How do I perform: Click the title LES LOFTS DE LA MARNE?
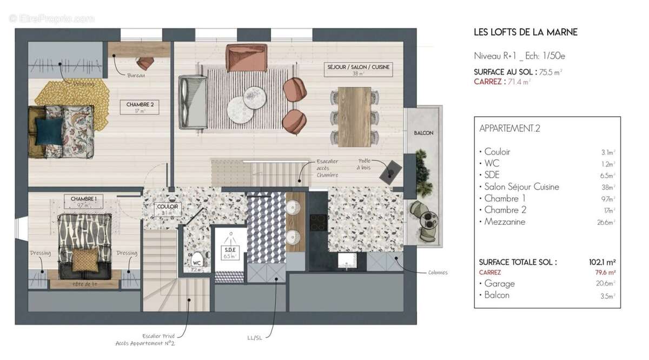click(525, 32)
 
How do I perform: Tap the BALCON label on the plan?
click(423, 133)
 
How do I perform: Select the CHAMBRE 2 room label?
click(140, 105)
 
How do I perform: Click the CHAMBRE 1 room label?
click(83, 199)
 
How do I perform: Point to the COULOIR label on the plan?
click(167, 207)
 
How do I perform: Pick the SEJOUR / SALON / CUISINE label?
click(359, 68)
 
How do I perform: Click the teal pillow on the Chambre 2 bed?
click(49, 131)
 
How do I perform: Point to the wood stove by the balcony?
click(390, 171)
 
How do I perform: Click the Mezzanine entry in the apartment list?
click(505, 222)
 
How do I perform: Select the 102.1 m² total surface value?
click(603, 262)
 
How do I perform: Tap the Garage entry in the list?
click(499, 284)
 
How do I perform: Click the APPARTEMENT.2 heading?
click(509, 129)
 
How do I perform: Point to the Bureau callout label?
click(136, 75)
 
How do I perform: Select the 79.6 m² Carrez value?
click(605, 273)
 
